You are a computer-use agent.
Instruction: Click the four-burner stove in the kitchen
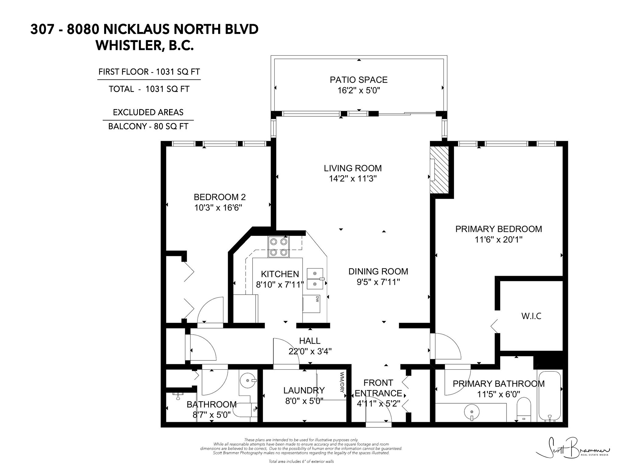pyautogui.click(x=279, y=247)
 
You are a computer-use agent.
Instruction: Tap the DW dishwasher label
pyautogui.click(x=317, y=299)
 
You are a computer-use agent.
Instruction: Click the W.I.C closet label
pyautogui.click(x=531, y=316)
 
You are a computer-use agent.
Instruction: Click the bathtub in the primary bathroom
pyautogui.click(x=550, y=396)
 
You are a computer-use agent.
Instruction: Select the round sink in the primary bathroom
pyautogui.click(x=471, y=413)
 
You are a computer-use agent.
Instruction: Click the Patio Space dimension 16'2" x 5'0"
pyautogui.click(x=359, y=90)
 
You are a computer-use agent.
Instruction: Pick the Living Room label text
pyautogui.click(x=353, y=168)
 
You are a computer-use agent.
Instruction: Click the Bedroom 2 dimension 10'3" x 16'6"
pyautogui.click(x=218, y=208)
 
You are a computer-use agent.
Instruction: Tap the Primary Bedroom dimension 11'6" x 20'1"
pyautogui.click(x=498, y=240)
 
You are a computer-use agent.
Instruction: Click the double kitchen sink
pyautogui.click(x=315, y=278)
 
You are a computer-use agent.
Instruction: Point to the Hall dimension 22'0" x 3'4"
pyautogui.click(x=310, y=351)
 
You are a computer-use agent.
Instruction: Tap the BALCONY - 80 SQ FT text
pyautogui.click(x=148, y=126)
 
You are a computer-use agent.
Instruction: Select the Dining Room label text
pyautogui.click(x=378, y=271)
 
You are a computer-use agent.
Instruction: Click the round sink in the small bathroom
pyautogui.click(x=248, y=381)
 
